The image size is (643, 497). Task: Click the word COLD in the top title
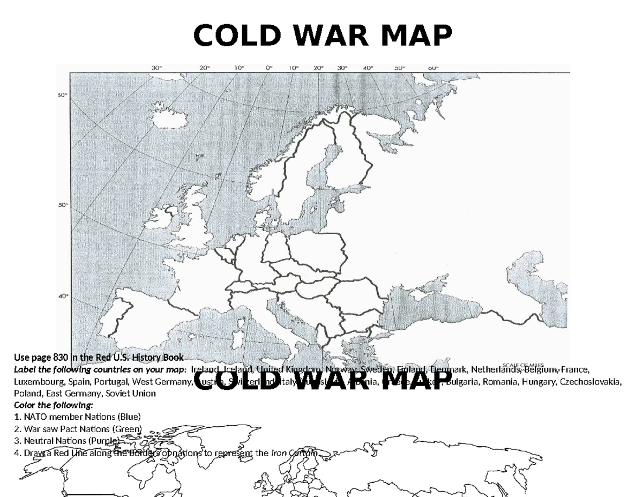coord(229,36)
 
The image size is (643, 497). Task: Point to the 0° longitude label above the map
coord(269,68)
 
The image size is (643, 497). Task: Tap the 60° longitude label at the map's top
coord(433,68)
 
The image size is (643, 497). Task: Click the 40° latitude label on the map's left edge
coord(63,295)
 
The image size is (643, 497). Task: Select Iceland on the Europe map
coord(166,119)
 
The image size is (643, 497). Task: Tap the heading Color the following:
coord(53,405)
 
